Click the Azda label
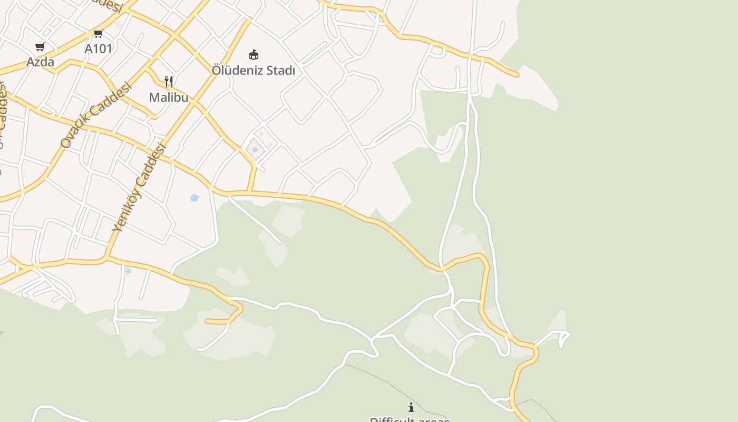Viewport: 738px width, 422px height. click(40, 62)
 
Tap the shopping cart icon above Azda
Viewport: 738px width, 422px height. click(40, 47)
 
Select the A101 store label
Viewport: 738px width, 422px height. click(99, 49)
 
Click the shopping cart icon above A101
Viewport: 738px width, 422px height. click(98, 34)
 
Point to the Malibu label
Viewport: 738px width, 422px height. click(169, 97)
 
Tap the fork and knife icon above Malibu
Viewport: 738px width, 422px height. click(169, 82)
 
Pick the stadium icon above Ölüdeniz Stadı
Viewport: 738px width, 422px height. click(254, 54)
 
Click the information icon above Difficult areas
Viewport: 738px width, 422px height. click(411, 407)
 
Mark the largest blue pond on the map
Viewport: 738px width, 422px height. click(195, 198)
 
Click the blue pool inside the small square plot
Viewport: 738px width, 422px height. click(255, 150)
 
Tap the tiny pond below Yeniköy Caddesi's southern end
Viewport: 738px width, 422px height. click(128, 271)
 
